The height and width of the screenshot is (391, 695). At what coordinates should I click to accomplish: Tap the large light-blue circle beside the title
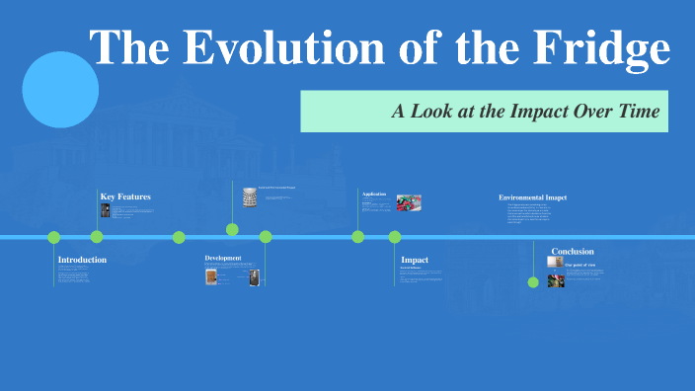pos(60,90)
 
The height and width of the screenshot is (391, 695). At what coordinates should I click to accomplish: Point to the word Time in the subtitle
pos(638,111)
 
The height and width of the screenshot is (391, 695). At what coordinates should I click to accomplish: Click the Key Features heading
pos(125,196)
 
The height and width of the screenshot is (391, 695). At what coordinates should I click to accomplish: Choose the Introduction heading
pos(82,260)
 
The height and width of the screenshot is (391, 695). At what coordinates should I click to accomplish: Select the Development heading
pos(223,258)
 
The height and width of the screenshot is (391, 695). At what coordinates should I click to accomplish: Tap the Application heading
pos(374,194)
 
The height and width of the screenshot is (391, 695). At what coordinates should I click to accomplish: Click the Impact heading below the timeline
pos(415,260)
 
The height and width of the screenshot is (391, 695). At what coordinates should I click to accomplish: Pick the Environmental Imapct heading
pos(533,197)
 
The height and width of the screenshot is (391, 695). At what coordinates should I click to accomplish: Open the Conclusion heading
pos(573,251)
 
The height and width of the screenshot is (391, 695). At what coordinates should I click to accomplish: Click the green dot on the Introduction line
pos(54,237)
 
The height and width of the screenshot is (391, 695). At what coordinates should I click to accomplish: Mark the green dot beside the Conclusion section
pos(533,281)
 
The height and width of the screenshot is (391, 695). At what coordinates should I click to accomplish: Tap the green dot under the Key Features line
pos(97,237)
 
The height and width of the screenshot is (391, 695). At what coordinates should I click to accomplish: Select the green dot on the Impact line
pos(395,237)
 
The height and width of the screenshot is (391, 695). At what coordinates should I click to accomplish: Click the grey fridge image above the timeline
pos(250,196)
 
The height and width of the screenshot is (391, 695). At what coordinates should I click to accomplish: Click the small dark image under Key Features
pos(106,210)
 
